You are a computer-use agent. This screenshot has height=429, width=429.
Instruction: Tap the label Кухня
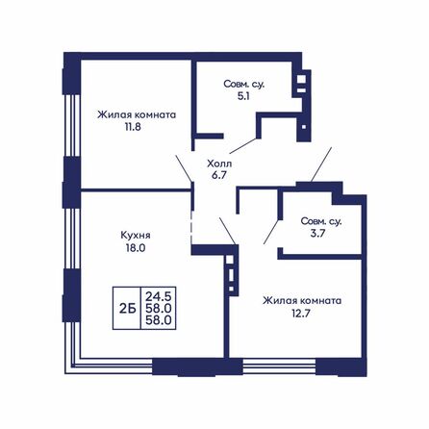point(136,234)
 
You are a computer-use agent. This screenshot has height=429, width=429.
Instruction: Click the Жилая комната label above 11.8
point(136,113)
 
